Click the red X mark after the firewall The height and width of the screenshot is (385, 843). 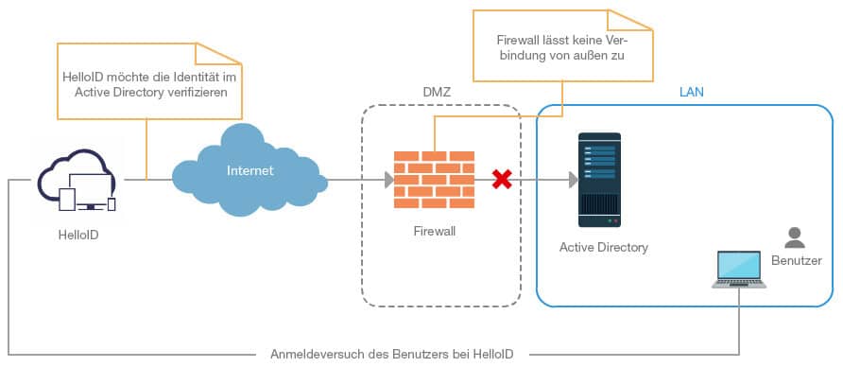pos(502,179)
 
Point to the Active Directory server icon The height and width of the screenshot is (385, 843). pos(599,181)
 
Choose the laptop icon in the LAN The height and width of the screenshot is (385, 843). pos(740,270)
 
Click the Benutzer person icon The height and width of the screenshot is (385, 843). pos(795,237)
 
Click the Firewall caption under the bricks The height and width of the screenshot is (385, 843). pos(436,230)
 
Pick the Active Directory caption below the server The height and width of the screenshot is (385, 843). pos(604,248)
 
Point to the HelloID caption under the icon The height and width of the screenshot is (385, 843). pos(77,235)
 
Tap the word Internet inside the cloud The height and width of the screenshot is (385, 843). pos(249,171)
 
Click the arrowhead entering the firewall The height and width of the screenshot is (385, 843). pos(388,180)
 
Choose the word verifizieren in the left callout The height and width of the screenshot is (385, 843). pos(195,92)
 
